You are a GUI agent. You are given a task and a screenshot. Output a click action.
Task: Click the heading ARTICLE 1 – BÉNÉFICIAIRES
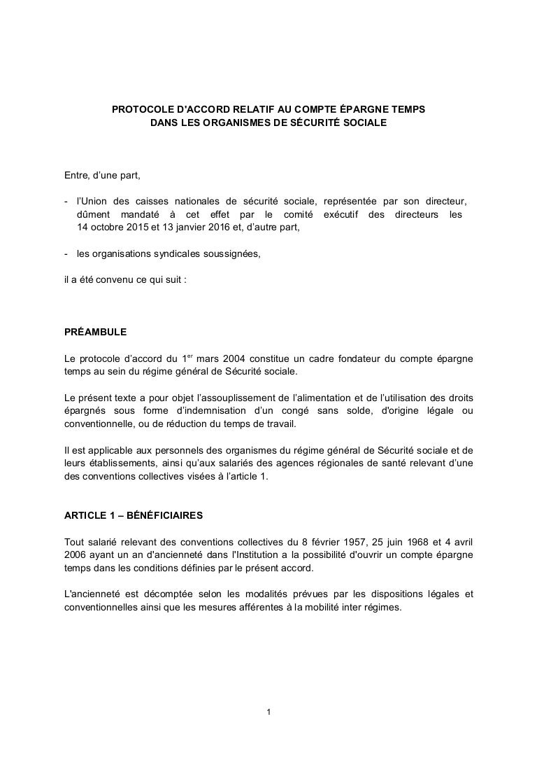[134, 515]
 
